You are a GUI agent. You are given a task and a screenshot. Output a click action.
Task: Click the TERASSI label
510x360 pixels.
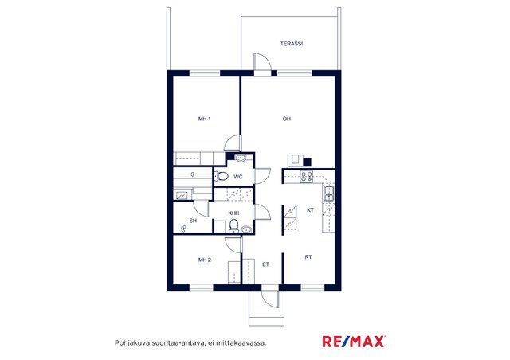tap(292, 44)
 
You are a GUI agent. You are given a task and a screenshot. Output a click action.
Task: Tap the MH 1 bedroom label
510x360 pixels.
tap(205, 119)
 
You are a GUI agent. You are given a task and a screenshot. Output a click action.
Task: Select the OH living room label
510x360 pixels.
tap(287, 119)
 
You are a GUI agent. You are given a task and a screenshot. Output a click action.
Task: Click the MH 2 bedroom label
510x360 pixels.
tap(205, 260)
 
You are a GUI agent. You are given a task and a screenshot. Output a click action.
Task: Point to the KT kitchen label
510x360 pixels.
tap(310, 210)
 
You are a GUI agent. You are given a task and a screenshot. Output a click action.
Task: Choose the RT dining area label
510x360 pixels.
tap(308, 257)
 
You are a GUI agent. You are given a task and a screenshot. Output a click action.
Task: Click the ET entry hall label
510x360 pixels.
tap(265, 264)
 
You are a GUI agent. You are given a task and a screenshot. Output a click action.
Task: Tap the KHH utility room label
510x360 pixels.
tap(233, 213)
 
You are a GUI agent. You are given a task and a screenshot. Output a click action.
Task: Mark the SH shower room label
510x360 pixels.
tap(193, 221)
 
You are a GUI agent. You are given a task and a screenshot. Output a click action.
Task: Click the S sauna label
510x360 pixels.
tap(193, 174)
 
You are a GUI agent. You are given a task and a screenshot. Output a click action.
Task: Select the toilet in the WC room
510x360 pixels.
tap(221, 177)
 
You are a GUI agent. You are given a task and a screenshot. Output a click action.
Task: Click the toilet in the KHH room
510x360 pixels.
tap(233, 225)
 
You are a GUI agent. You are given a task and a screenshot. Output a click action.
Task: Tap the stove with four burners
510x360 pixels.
tap(306, 176)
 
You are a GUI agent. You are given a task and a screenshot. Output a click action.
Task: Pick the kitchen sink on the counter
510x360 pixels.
tap(328, 194)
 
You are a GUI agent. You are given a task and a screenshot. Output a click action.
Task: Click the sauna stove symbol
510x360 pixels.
tap(182, 195)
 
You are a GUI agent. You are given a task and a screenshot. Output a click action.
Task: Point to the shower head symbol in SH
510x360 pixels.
tap(183, 229)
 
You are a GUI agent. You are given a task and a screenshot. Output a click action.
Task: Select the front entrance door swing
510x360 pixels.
tap(270, 299)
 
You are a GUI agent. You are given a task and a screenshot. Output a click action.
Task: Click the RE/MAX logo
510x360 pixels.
tap(354, 342)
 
